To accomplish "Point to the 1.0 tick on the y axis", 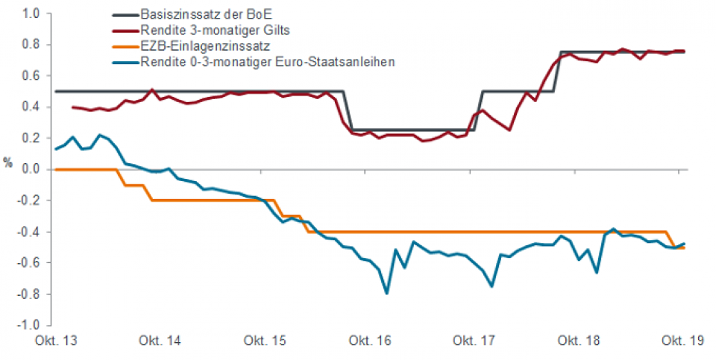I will tap(30, 13).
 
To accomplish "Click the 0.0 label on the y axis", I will tap(30, 169).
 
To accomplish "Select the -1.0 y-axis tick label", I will tap(28, 326).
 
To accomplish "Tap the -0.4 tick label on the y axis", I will tap(28, 232).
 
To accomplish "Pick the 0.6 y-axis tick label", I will tap(30, 75).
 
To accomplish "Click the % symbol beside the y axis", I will tap(8, 163).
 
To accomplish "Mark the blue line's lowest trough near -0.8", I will tap(386, 294).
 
